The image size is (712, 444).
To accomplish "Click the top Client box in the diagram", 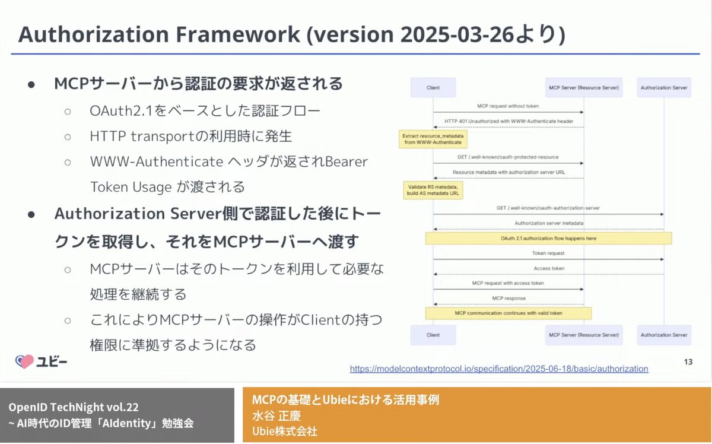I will point(433,88).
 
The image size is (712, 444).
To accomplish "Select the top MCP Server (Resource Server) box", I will point(584,88).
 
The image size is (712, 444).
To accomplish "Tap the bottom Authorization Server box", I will point(664,335).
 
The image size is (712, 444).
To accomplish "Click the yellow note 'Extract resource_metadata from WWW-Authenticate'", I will point(433,139).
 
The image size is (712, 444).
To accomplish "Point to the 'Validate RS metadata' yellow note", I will point(433,190).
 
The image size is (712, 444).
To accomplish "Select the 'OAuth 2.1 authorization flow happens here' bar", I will point(548,238).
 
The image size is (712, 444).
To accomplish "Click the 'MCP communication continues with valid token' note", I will point(508,313).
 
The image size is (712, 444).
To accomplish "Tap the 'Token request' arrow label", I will point(548,253).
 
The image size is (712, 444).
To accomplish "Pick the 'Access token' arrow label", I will point(548,268).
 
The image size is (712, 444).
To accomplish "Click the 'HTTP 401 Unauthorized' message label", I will point(508,121).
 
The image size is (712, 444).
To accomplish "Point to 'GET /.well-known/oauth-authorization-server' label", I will point(548,208).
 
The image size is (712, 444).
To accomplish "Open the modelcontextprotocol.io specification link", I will point(499,369).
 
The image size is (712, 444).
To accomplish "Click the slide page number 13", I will point(688,361).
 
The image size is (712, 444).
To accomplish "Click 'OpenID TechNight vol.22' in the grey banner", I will point(74,408).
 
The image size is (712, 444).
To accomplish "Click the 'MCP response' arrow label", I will point(508,298).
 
